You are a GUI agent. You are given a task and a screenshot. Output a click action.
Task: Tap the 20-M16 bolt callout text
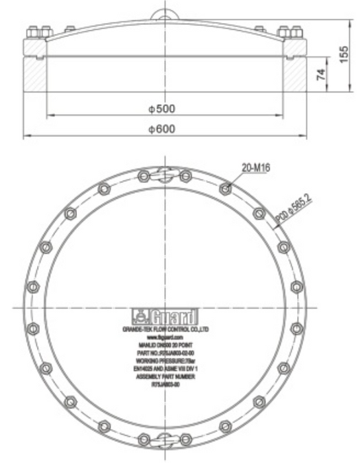pyautogui.click(x=254, y=168)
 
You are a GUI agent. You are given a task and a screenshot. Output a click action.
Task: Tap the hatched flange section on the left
pyautogui.click(x=34, y=74)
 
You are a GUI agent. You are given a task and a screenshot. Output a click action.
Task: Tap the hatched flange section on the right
pyautogui.click(x=292, y=74)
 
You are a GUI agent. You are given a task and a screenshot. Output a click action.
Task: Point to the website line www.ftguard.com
pyautogui.click(x=162, y=337)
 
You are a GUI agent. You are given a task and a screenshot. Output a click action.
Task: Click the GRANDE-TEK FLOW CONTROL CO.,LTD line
pyautogui.click(x=162, y=328)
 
